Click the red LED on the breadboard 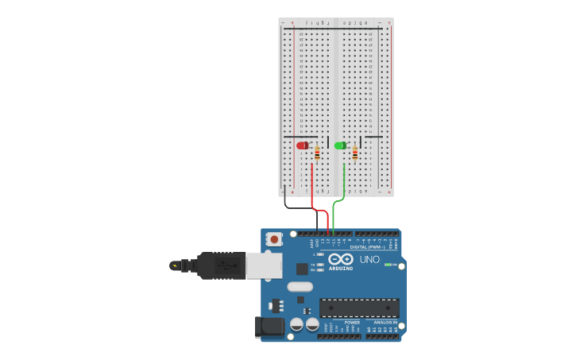302,145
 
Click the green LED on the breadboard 340,145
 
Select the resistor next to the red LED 317,153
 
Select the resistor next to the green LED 354,153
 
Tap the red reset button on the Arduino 274,238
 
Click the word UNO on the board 369,260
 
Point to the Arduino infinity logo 341,260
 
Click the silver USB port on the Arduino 263,265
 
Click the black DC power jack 269,326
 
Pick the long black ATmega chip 359,308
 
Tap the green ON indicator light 387,265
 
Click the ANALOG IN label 385,323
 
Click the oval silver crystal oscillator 300,286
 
